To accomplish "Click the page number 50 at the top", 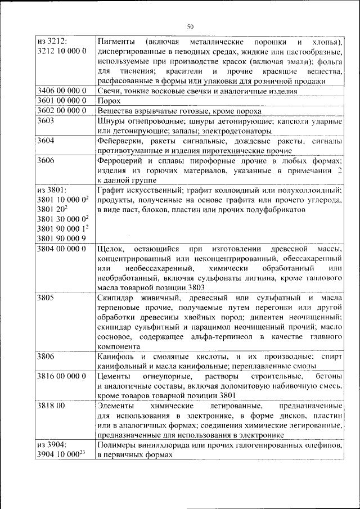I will pyautogui.click(x=190, y=26).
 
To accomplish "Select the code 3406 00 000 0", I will pyautogui.click(x=61, y=91).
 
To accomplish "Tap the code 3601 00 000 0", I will pyautogui.click(x=61, y=101).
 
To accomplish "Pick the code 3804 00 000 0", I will pyautogui.click(x=61, y=249).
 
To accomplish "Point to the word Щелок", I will pyautogui.click(x=109, y=249).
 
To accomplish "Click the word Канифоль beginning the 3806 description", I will pyautogui.click(x=115, y=357).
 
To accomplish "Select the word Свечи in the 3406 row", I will pyautogui.click(x=108, y=91).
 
